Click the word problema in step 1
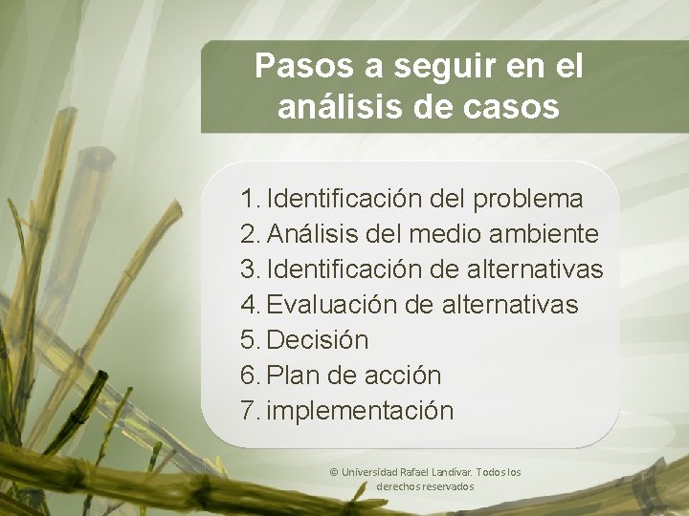click(x=527, y=199)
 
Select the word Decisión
click(x=318, y=340)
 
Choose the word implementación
click(x=361, y=411)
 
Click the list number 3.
click(x=251, y=269)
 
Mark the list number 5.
click(x=251, y=340)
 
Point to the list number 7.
click(x=251, y=411)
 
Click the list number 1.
click(x=250, y=199)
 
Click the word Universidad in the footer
click(x=369, y=473)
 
